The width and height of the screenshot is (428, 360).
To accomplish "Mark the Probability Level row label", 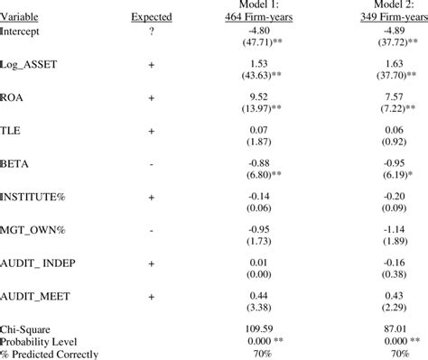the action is [x=41, y=343].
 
